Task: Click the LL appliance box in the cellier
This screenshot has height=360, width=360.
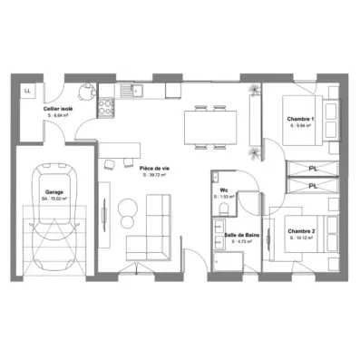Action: pos(28,91)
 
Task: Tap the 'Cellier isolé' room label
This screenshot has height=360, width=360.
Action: pos(60,109)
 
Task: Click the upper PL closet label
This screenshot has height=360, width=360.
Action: pos(312,169)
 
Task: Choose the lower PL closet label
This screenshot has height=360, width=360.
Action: pos(312,186)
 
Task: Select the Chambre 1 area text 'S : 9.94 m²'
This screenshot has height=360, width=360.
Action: pos(302,127)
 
